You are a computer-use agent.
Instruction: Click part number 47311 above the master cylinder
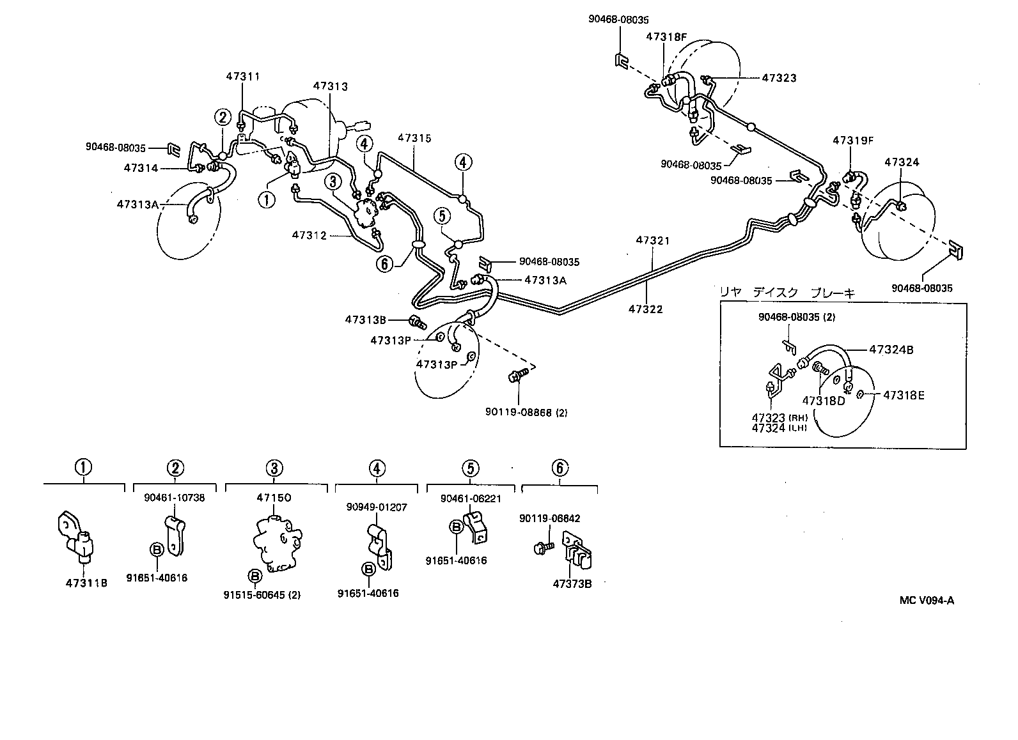click(242, 76)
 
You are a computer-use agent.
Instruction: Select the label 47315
click(414, 137)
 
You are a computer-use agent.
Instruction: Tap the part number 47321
click(653, 241)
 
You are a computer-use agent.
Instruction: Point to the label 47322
click(645, 309)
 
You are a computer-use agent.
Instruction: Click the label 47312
click(309, 235)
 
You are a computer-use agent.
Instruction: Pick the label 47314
click(141, 168)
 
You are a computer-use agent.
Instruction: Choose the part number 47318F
click(666, 37)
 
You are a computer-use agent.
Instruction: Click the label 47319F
click(853, 140)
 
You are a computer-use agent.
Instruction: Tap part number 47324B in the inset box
click(891, 350)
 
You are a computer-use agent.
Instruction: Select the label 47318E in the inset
click(904, 395)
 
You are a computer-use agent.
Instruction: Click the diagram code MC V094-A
click(926, 599)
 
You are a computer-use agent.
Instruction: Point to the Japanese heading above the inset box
click(787, 293)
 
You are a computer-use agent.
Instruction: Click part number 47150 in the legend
click(274, 497)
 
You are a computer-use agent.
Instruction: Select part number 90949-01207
click(377, 507)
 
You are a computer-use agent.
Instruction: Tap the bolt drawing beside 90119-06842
click(543, 548)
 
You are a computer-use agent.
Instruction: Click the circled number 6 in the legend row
click(559, 468)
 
